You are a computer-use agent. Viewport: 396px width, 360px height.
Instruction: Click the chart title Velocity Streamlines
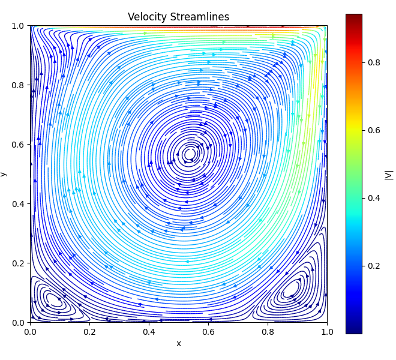point(178,17)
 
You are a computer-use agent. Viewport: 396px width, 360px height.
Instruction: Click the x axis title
point(178,343)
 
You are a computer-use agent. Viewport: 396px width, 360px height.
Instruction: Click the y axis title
point(4,174)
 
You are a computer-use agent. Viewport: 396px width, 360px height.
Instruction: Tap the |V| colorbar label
point(389,174)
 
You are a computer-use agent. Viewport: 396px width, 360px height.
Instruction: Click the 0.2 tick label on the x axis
point(89,331)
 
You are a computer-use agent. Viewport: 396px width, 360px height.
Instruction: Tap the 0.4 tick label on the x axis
point(149,331)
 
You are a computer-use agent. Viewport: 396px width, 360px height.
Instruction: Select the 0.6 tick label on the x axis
point(208,331)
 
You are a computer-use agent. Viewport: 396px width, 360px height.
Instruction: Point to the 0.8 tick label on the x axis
point(268,331)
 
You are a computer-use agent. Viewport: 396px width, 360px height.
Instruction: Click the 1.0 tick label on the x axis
point(327,331)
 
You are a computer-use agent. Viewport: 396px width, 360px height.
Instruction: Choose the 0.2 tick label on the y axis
point(18,263)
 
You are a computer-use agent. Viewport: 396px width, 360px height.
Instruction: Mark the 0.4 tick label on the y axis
point(18,204)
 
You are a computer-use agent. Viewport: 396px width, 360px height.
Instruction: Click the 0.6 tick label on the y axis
point(18,145)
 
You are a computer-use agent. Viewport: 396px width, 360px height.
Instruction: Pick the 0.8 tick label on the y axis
point(18,85)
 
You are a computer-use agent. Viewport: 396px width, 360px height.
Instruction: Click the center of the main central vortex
point(190,154)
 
